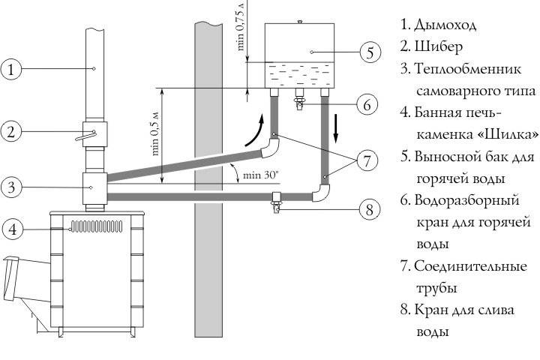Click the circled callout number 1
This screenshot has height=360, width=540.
[x=11, y=69]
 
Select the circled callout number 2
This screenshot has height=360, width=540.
[x=11, y=131]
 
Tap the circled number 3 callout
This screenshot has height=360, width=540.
[x=11, y=187]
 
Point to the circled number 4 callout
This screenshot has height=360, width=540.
[x=13, y=229]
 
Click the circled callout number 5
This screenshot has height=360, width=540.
[x=370, y=52]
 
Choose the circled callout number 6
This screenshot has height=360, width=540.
[x=367, y=104]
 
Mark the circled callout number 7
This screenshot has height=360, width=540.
[x=367, y=160]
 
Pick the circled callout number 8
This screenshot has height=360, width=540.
[x=370, y=208]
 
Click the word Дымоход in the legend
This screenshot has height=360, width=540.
[x=445, y=25]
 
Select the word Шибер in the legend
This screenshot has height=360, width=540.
[x=438, y=46]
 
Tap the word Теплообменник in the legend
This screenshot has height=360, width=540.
[x=468, y=68]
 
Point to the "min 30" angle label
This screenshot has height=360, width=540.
[x=261, y=175]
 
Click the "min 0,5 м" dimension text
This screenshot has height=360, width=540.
[x=155, y=133]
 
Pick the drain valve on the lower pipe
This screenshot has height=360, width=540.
[x=276, y=203]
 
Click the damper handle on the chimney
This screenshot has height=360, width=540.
[x=85, y=135]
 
